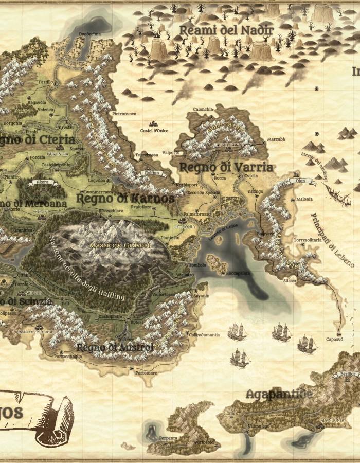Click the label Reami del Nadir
(x=226, y=30)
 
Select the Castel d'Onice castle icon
(x=153, y=124)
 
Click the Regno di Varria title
(x=226, y=167)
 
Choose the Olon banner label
(x=300, y=181)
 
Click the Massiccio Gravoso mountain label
(x=120, y=245)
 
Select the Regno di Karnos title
(x=125, y=198)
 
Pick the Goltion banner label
(x=152, y=173)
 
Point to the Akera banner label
(x=43, y=182)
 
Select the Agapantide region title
(x=279, y=395)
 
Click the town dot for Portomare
(x=132, y=368)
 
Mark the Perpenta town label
(x=168, y=438)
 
